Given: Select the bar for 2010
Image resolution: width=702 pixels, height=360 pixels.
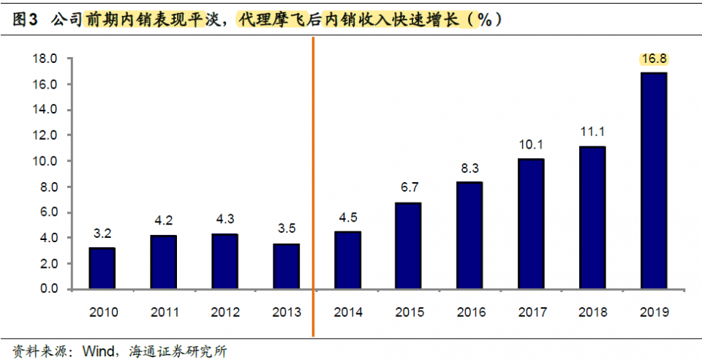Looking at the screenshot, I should (102, 268).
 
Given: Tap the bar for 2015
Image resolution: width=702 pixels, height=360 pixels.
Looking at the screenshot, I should (408, 245).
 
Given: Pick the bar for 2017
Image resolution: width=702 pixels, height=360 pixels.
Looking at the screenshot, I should (531, 223).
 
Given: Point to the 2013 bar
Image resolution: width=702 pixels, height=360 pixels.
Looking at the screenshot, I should (286, 266).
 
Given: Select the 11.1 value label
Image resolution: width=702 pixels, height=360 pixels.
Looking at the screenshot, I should (592, 134).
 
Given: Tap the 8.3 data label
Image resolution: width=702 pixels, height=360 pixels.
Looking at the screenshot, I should (469, 169).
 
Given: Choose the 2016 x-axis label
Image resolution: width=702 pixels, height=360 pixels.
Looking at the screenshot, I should (469, 312).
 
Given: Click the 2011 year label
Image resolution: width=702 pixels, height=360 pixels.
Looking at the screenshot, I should (164, 312).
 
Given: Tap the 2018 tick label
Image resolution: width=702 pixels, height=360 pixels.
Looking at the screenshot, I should (592, 312).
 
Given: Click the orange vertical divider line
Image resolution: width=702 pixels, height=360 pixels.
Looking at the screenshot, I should (314, 183).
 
